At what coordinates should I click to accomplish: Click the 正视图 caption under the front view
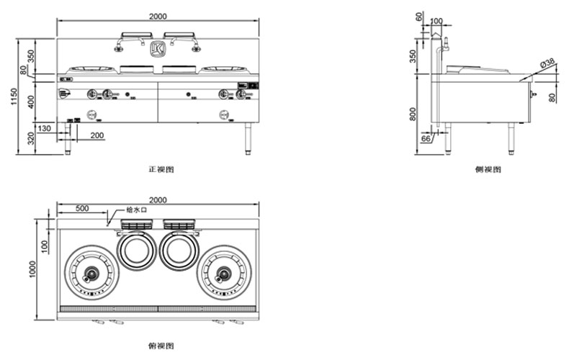(x=161, y=169)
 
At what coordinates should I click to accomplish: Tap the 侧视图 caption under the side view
(x=488, y=169)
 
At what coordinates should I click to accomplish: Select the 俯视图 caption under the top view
(x=161, y=346)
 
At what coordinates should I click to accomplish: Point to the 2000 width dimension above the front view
(x=158, y=16)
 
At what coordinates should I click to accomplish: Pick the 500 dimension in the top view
(x=81, y=208)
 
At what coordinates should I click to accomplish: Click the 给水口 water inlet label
(x=136, y=210)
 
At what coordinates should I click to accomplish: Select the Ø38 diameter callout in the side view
(x=548, y=63)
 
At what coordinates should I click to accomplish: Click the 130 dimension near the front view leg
(x=45, y=127)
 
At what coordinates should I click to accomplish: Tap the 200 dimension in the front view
(x=97, y=135)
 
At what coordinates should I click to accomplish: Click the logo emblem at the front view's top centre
(x=158, y=48)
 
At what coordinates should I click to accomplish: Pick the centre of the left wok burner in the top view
(x=91, y=274)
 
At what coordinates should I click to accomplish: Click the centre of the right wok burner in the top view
(x=224, y=274)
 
